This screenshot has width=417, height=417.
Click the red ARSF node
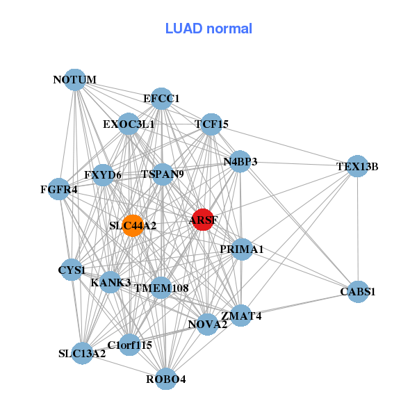pyautogui.click(x=203, y=220)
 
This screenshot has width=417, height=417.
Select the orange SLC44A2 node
pyautogui.click(x=133, y=226)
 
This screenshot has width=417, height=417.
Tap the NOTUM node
pyautogui.click(x=75, y=80)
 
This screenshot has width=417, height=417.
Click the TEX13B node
pyautogui.click(x=358, y=166)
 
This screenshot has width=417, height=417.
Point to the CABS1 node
pyautogui.click(x=358, y=292)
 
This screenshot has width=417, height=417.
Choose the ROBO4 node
pyautogui.click(x=166, y=379)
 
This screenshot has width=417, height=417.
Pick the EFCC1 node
pyautogui.click(x=161, y=99)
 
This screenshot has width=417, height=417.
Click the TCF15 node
pyautogui.click(x=211, y=124)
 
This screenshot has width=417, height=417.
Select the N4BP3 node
pyautogui.click(x=240, y=162)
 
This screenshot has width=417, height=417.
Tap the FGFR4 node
pyautogui.click(x=59, y=189)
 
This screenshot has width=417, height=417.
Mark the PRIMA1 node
pyautogui.click(x=241, y=250)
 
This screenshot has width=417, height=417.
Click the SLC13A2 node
pyautogui.click(x=83, y=354)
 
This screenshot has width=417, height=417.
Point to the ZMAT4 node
pyautogui.click(x=241, y=316)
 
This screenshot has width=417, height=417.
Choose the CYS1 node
pyautogui.click(x=72, y=270)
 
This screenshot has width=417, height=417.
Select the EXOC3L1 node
pyautogui.click(x=129, y=124)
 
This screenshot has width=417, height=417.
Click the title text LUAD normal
pyautogui.click(x=208, y=28)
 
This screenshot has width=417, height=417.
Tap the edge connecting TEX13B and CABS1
pyautogui.click(x=358, y=229)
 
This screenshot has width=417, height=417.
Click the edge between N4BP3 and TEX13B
pyautogui.click(x=299, y=164)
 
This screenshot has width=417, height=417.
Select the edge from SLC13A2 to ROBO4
pyautogui.click(x=124, y=366)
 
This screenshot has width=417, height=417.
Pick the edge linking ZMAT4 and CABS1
pyautogui.click(x=300, y=304)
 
